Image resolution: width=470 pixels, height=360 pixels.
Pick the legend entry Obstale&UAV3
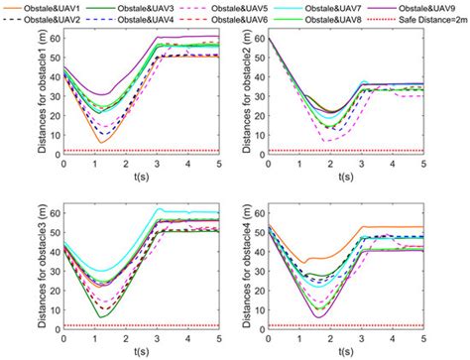[155, 7]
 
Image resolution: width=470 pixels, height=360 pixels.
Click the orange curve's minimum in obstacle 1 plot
[101, 143]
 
